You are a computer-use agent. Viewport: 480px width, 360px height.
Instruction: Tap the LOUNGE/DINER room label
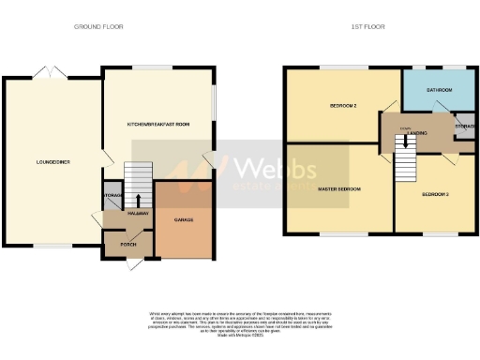[x=51, y=161]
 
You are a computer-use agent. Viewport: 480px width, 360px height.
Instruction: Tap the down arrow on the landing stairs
[x=406, y=144]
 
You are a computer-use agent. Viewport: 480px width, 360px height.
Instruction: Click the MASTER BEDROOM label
[x=339, y=189]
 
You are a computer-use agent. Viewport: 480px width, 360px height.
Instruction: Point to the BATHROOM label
[x=438, y=90]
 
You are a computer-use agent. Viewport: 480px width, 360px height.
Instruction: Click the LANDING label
[x=417, y=133]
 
